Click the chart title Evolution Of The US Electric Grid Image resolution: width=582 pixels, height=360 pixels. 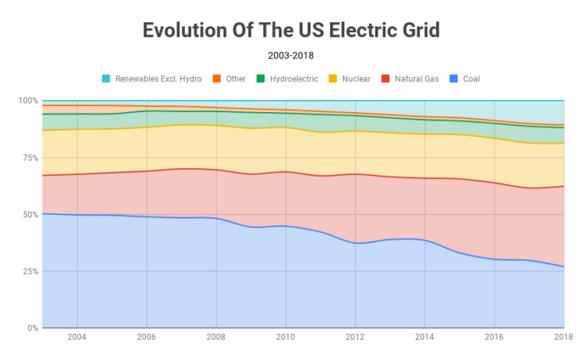coord(291,31)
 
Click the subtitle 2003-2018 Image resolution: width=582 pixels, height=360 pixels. coord(291,55)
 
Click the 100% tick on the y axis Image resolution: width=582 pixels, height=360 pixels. coord(28,101)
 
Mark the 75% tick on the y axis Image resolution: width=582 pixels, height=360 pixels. coord(30,157)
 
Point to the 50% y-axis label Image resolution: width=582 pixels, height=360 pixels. coord(30,214)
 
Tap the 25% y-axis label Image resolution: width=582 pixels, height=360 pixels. coord(30,271)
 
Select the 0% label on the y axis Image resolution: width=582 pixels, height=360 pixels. coord(32,328)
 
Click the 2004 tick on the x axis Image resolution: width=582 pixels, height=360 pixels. coord(77,337)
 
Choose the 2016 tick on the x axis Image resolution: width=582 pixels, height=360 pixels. coord(493,337)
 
